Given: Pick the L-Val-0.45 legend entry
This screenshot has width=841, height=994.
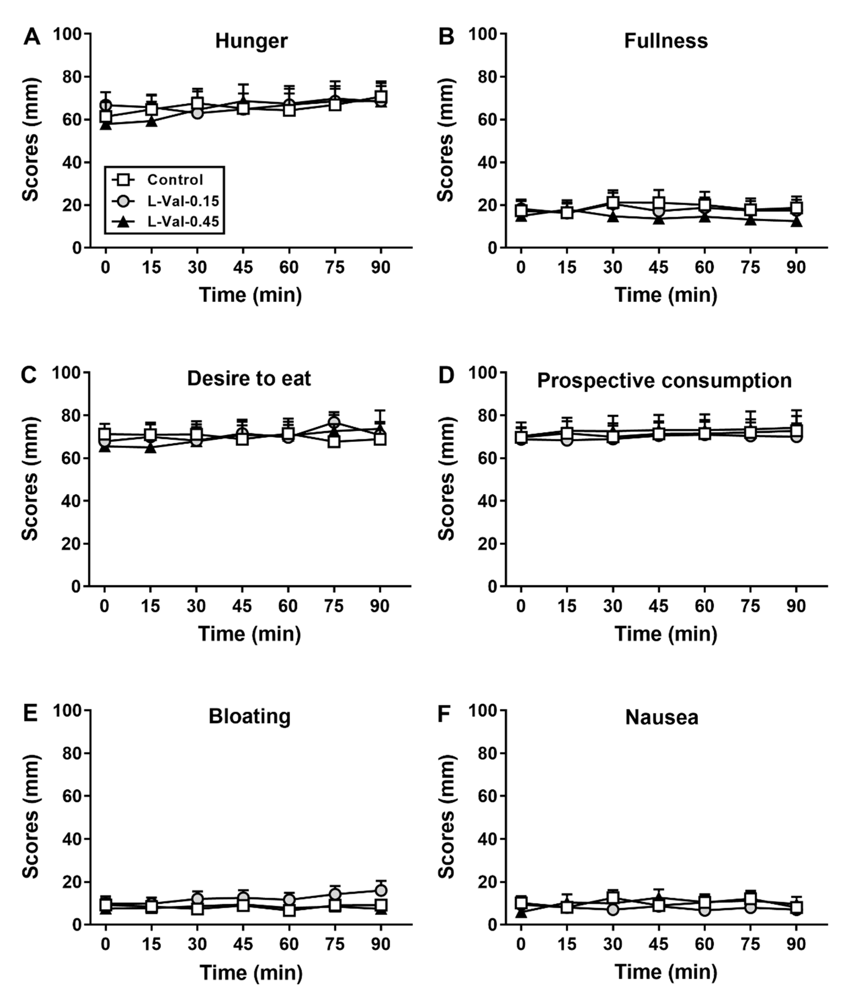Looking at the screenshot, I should [x=183, y=222].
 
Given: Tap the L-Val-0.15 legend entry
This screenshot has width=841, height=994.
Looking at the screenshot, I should [x=183, y=201].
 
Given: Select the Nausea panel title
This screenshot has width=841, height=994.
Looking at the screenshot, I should [x=662, y=717].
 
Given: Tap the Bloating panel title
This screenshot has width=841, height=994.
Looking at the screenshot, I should [x=249, y=717].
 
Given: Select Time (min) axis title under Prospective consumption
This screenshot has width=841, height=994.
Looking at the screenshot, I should [x=665, y=634].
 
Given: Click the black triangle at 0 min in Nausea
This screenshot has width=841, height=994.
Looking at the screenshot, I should [x=521, y=912].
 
